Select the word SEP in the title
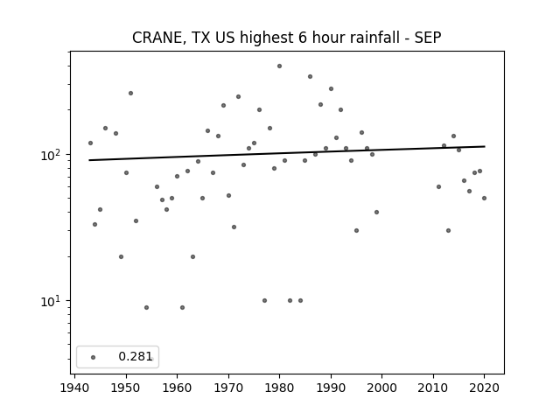point(428,38)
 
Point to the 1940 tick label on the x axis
point(74,388)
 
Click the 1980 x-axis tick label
point(279,388)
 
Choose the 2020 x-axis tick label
point(484,388)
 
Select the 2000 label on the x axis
point(381,388)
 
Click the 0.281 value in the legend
point(136,356)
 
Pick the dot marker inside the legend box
point(94,357)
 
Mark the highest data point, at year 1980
point(279,66)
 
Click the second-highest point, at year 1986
point(310,76)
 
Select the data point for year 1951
point(130,94)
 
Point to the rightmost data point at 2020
point(484,199)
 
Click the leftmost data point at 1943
point(90,143)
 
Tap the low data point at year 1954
point(146,307)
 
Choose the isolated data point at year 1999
point(376,212)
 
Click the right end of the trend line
point(485,146)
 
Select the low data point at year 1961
point(182,307)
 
